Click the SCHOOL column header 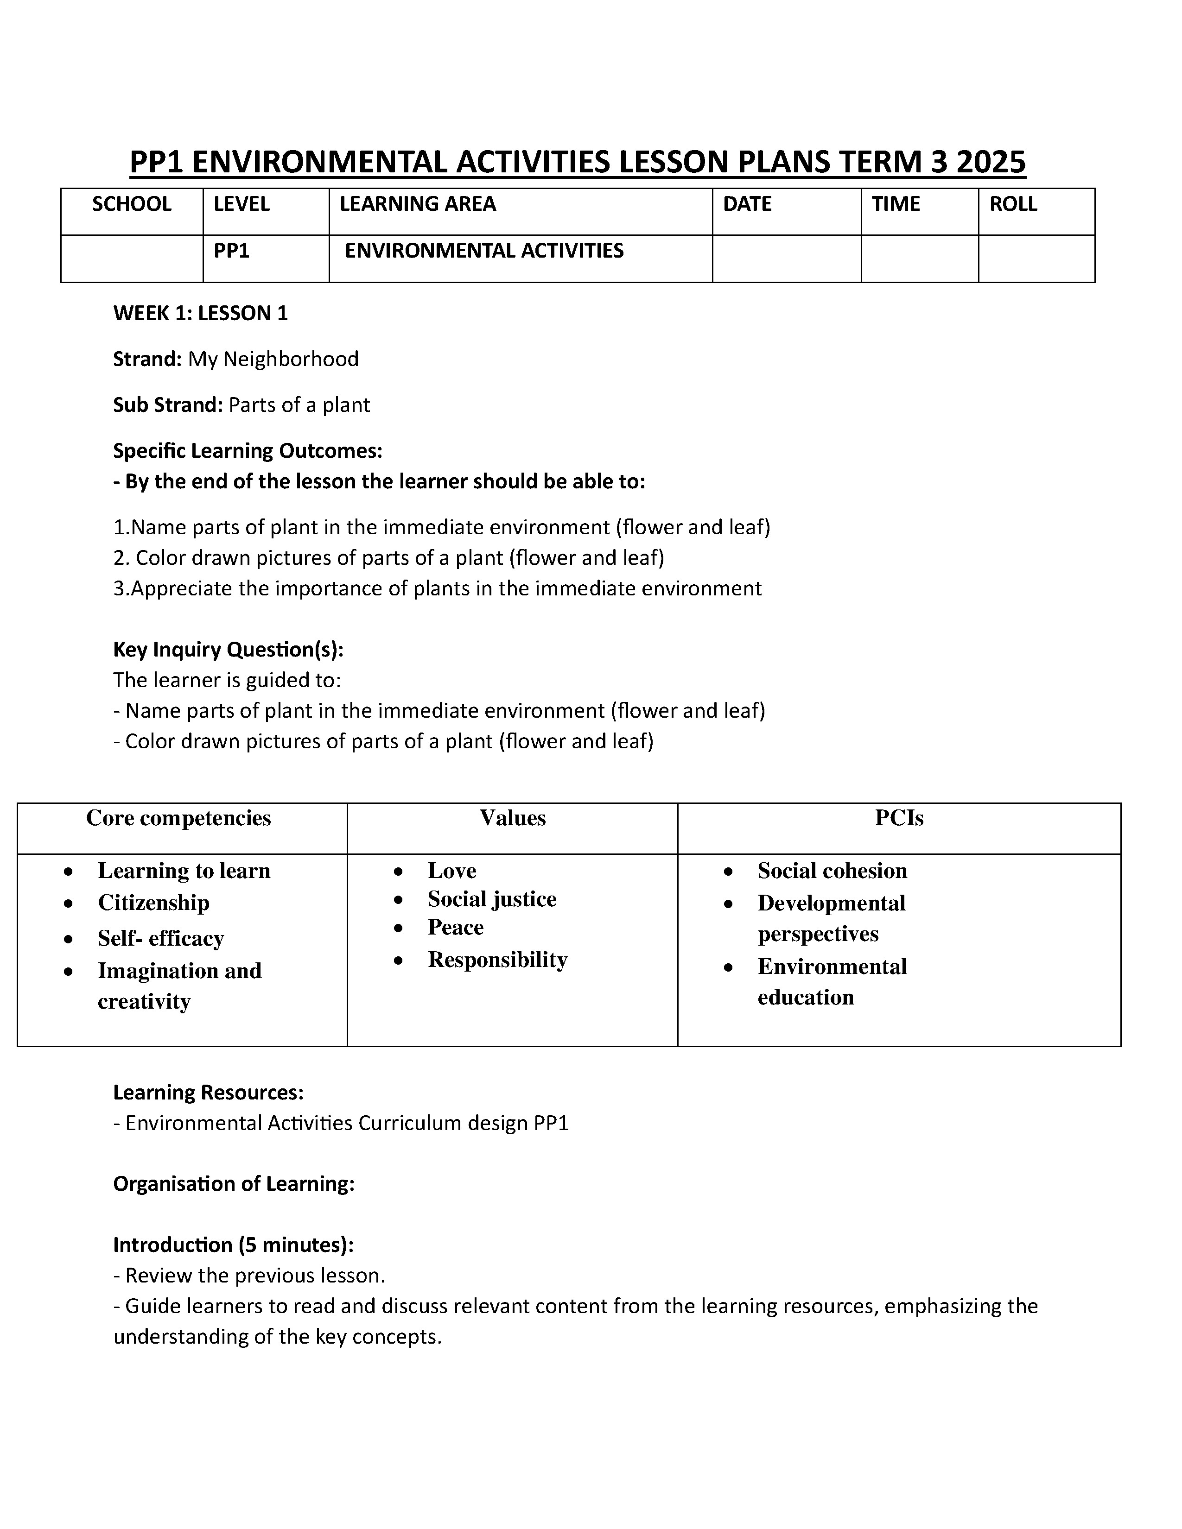coord(132,204)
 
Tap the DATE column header coord(747,204)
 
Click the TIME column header coord(896,204)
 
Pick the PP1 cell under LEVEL coord(232,251)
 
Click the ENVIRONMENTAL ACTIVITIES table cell coord(484,251)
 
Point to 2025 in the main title coord(990,163)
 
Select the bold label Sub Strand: coord(168,404)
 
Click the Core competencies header coord(178,818)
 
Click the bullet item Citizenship coord(153,903)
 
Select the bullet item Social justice coord(491,899)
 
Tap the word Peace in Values coord(455,928)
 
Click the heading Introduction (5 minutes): coord(233,1245)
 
